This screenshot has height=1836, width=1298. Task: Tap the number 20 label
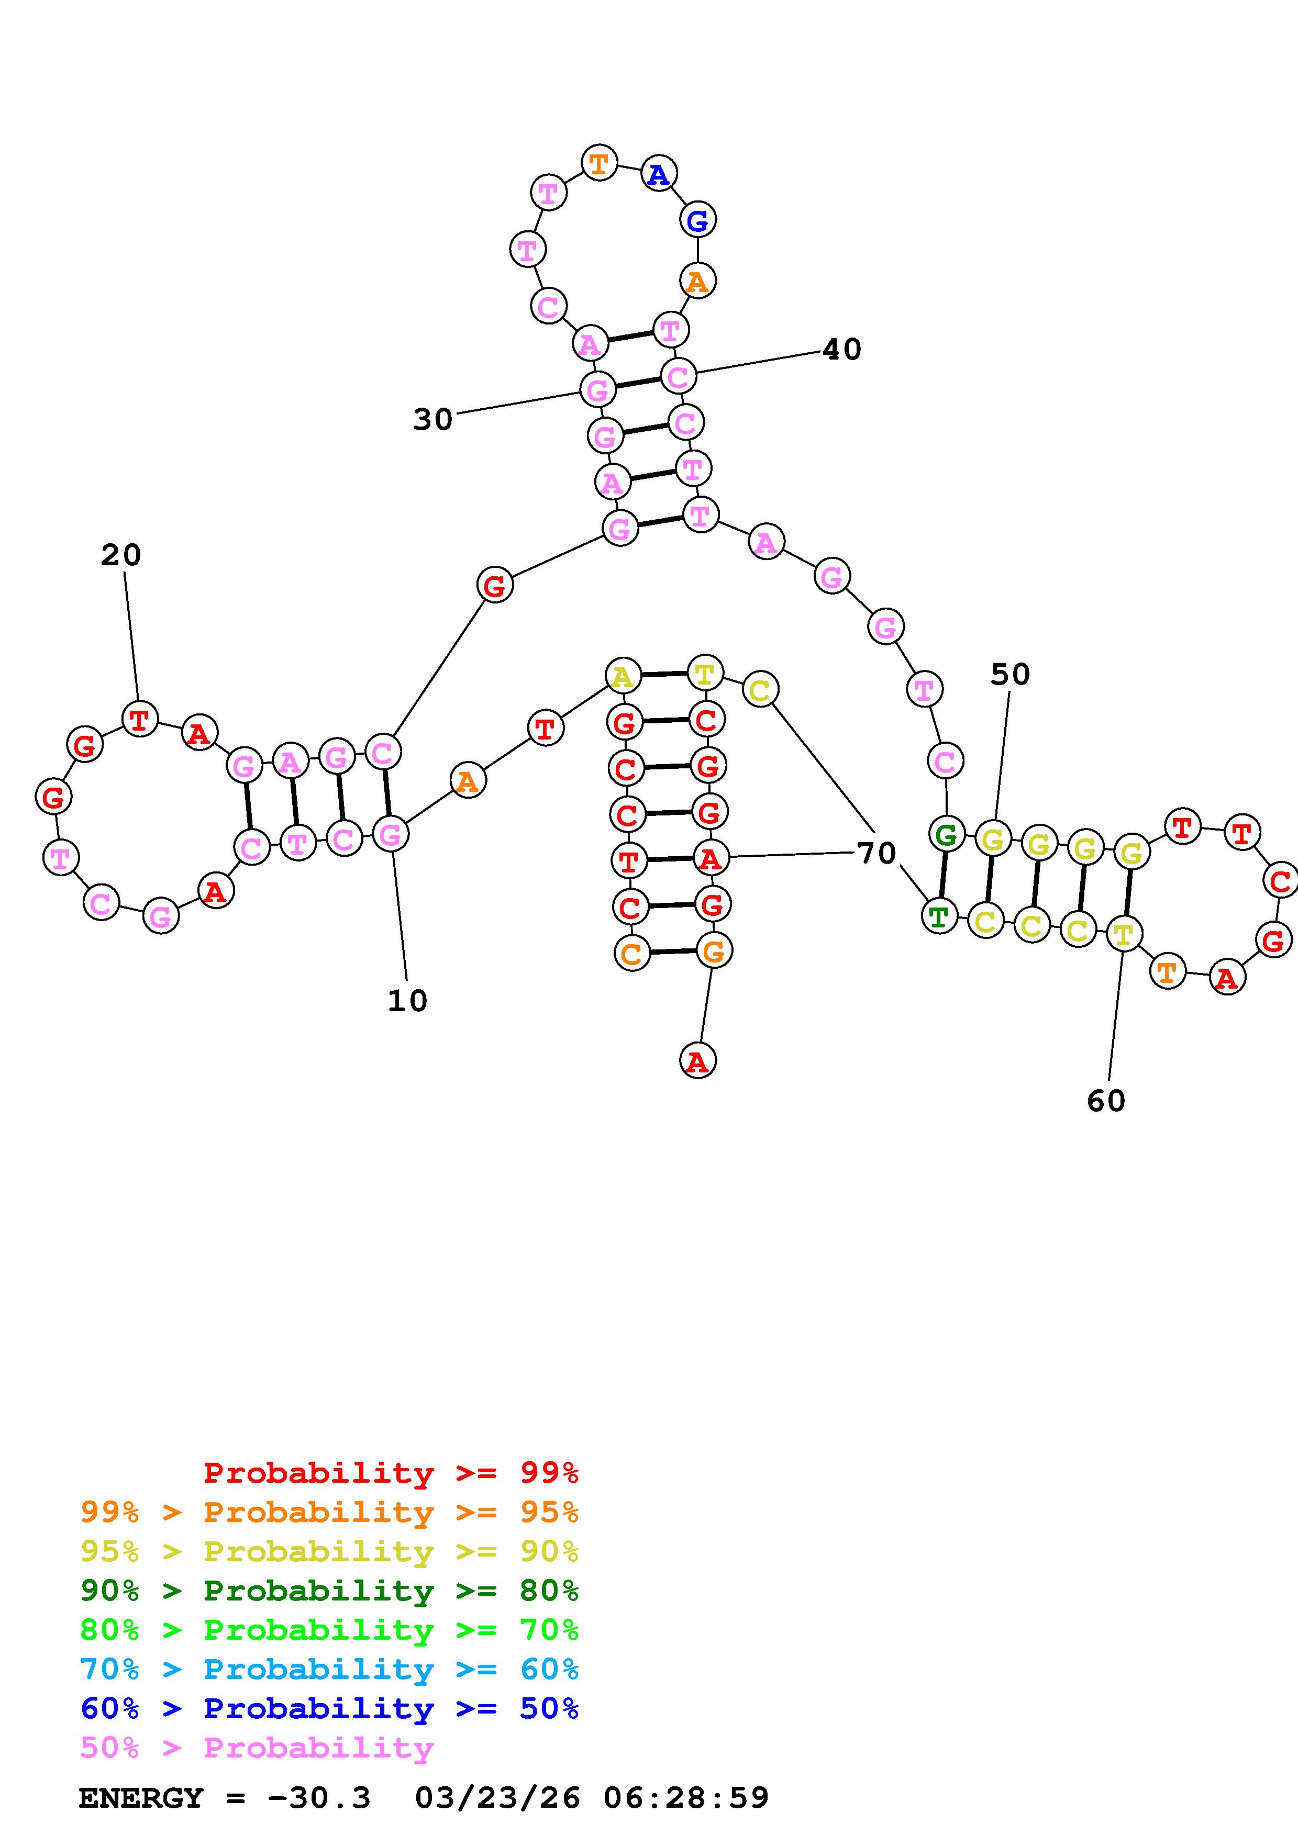coord(121,555)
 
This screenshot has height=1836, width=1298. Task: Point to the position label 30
coord(432,419)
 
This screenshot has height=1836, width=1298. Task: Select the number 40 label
coord(842,350)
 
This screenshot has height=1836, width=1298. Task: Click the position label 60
coord(1106,1101)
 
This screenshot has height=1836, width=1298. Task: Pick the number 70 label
coord(877,853)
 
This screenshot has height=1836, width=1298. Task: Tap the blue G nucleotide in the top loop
coord(697,221)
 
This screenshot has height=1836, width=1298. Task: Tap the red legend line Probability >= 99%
coord(391,1473)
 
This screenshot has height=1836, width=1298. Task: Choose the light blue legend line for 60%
coord(329,1669)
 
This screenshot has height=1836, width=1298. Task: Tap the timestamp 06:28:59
coord(686,1798)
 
